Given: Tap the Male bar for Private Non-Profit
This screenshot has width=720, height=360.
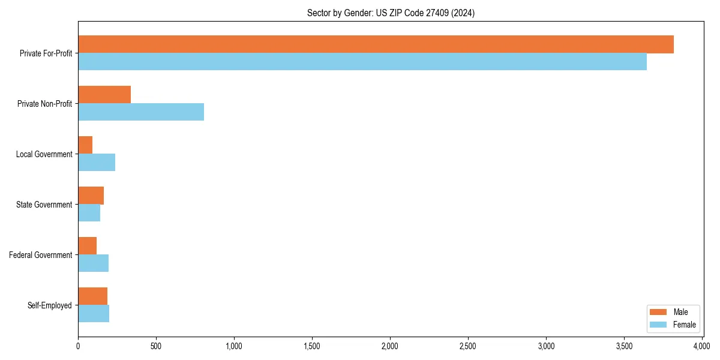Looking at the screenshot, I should (x=104, y=95).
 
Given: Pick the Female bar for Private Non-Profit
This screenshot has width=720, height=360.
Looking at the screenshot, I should (x=141, y=112).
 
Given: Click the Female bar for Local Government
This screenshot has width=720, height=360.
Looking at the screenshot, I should (x=97, y=163).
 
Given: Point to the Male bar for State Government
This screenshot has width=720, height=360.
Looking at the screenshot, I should (x=91, y=196).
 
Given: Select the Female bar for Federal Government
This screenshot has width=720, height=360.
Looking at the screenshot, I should (x=93, y=263).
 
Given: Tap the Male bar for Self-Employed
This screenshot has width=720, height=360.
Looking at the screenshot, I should (x=92, y=296).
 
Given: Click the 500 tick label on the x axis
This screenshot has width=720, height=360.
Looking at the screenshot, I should (x=156, y=347).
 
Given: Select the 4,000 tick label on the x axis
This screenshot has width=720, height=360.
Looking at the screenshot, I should (x=702, y=347).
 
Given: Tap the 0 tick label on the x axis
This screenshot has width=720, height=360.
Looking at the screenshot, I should (x=78, y=347).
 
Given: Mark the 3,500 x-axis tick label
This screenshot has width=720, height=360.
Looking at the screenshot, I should (x=624, y=347).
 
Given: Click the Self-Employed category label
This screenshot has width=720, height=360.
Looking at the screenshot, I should (x=50, y=305).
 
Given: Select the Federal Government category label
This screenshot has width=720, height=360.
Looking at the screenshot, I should (x=41, y=255).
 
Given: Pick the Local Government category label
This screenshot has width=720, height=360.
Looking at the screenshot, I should (x=44, y=154).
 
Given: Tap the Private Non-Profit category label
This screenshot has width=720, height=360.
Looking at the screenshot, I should (x=45, y=104).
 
